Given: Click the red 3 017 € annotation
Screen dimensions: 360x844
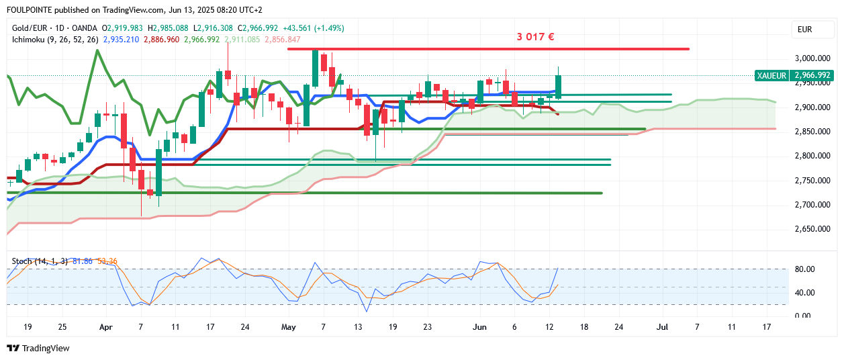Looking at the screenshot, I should coord(534,37).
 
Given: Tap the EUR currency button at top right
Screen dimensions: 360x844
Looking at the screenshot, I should coord(804,29).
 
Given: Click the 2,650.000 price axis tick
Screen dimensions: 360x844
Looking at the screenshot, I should coord(813,229).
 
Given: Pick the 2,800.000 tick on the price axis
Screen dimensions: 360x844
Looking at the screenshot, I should coord(813,156).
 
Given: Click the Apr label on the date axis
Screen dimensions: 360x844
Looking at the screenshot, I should coord(105,327).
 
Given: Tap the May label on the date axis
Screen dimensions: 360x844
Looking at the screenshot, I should coord(289,327).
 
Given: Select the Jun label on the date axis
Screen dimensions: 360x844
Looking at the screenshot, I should coord(479,327).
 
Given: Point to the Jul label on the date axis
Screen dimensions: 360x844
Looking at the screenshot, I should coord(663,327).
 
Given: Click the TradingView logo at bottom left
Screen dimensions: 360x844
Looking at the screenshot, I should coord(38,349).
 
